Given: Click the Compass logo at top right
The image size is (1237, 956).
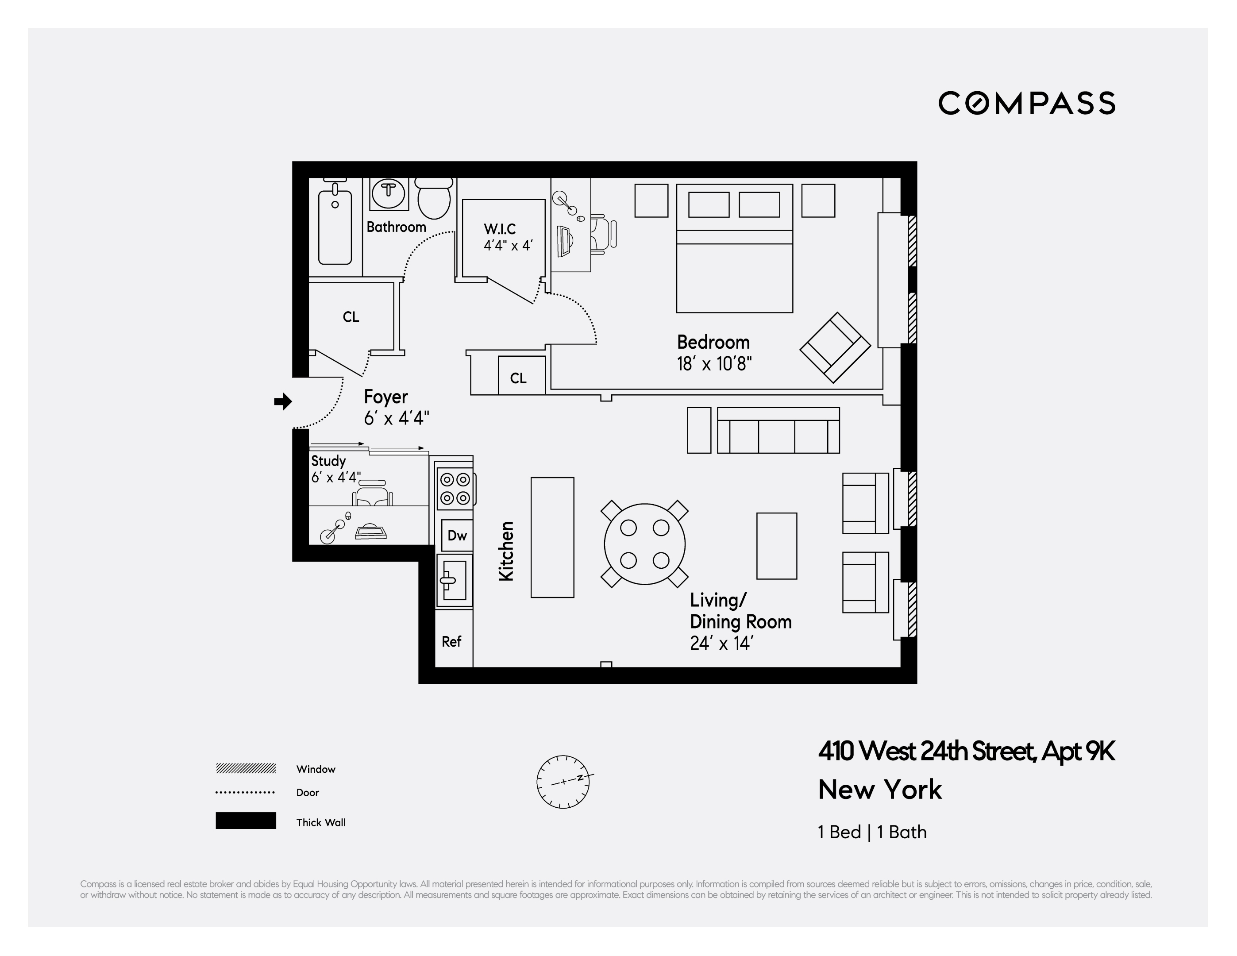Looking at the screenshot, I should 1026,103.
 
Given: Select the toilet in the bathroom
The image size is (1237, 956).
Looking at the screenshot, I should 434,198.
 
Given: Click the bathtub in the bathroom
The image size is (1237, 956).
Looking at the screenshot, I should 335,227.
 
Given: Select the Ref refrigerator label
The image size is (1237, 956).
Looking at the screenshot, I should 451,641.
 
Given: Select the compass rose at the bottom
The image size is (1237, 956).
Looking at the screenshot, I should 563,782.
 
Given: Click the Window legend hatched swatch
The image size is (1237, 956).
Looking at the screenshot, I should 246,768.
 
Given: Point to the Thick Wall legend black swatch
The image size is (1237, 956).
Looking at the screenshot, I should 246,821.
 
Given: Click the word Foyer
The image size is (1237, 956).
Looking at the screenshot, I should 386,397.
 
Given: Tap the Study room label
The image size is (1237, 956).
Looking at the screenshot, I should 328,461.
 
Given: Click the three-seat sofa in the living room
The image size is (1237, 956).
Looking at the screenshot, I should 778,431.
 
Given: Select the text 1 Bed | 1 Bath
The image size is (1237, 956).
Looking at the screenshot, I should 872,832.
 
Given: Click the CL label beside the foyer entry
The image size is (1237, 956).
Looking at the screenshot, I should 351,316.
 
